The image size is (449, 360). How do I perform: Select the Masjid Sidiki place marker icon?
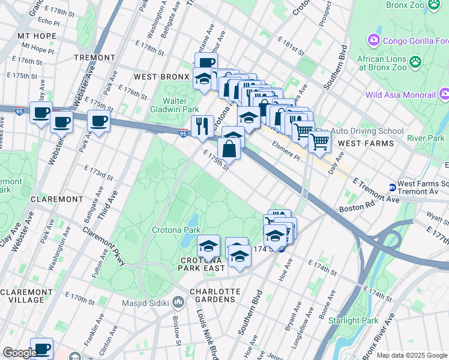click(x=178, y=302)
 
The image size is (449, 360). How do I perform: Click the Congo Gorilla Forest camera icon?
click(x=374, y=40)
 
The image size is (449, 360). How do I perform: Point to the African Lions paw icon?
click(x=415, y=61)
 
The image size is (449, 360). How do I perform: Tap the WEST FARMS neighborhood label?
click(x=366, y=143)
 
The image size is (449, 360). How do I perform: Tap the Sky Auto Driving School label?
click(x=367, y=131)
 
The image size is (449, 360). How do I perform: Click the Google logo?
click(x=19, y=353)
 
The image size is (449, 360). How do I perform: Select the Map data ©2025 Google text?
click(x=411, y=355)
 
